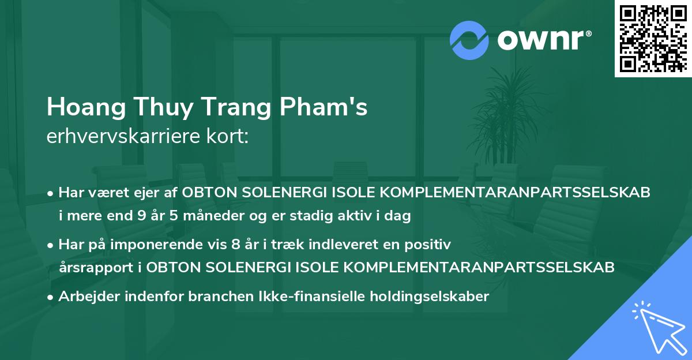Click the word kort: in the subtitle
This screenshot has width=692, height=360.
(229, 137)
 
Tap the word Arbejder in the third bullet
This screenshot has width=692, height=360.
(91, 297)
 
